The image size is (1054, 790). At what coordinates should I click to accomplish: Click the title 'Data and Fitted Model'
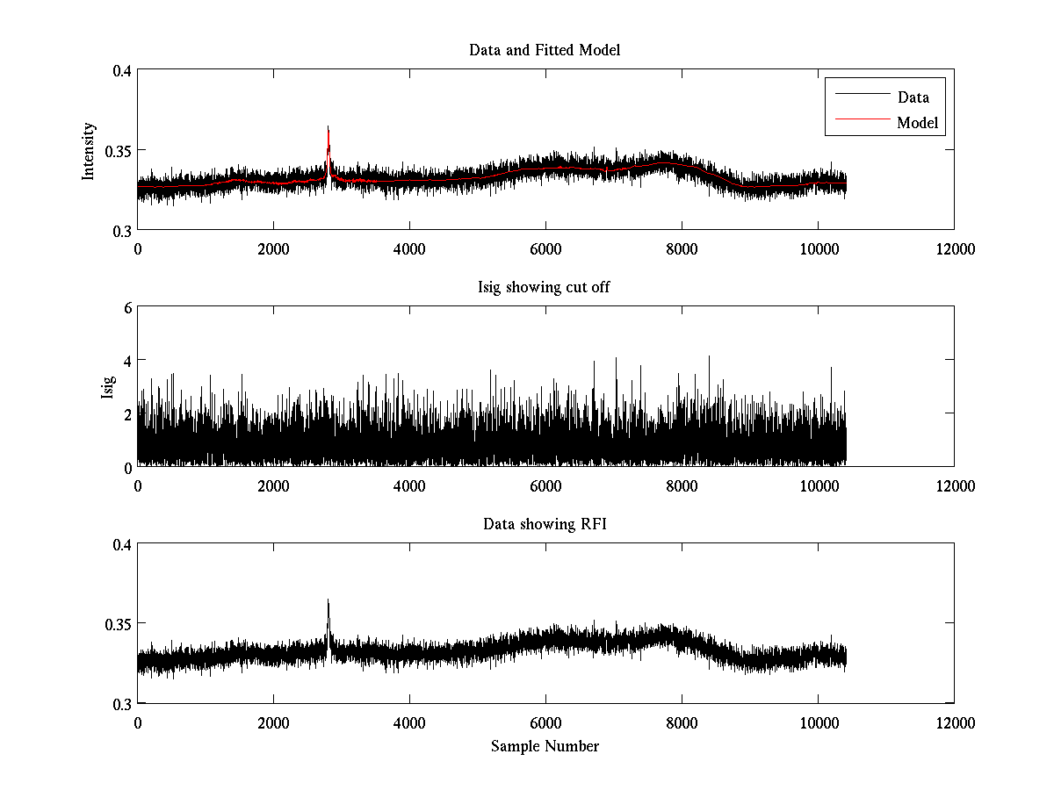(545, 50)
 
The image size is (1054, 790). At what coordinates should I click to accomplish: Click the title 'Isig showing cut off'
(545, 287)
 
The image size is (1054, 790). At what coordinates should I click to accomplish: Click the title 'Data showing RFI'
(545, 524)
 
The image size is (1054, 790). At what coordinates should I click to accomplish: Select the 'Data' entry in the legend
(913, 97)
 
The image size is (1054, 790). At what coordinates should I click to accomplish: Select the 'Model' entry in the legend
(918, 123)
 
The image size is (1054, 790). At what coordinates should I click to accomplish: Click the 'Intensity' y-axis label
(88, 151)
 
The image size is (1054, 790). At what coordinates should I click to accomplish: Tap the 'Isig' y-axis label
(107, 386)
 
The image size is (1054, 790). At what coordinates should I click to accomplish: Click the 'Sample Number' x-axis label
(545, 746)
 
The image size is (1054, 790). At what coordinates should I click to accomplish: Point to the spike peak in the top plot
(328, 127)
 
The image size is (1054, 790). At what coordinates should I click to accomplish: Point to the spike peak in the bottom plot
(328, 600)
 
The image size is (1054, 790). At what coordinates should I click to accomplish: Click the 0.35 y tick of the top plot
(116, 151)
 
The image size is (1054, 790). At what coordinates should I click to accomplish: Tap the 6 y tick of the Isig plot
(126, 308)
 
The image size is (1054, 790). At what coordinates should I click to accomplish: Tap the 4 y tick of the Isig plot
(126, 361)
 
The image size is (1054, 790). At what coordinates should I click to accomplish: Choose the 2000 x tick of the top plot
(273, 248)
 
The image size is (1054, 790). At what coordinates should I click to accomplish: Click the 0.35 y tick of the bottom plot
(116, 624)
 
